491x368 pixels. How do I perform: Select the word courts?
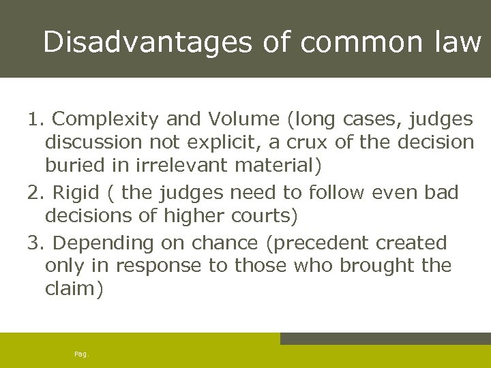(x=263, y=215)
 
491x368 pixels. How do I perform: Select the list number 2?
(x=35, y=193)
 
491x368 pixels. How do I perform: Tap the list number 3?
(x=35, y=243)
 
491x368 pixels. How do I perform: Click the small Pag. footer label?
(x=81, y=354)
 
